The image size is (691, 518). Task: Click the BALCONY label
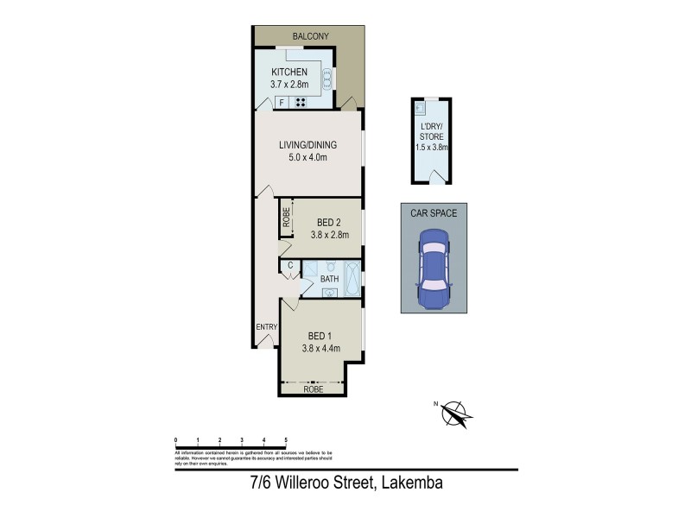(x=308, y=36)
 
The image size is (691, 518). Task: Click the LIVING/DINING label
(x=307, y=144)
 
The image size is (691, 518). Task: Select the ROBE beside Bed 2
(x=284, y=218)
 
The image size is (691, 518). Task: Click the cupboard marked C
(x=290, y=265)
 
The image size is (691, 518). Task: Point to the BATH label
(x=329, y=279)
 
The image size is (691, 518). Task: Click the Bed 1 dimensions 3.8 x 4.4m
(x=321, y=348)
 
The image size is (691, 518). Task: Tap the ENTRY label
(x=265, y=326)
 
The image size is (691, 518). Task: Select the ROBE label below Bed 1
(x=314, y=390)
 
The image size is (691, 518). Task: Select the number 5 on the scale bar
(x=286, y=440)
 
